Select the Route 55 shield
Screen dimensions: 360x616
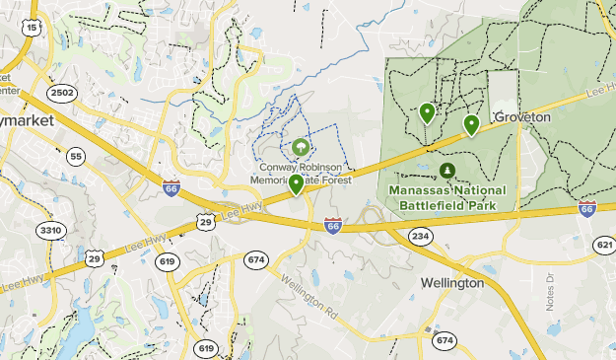(76, 156)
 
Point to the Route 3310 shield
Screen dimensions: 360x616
(50, 230)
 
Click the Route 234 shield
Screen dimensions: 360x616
(421, 236)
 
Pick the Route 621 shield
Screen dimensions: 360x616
(604, 244)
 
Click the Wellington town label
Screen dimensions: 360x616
(452, 283)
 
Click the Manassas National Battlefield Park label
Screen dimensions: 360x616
(447, 197)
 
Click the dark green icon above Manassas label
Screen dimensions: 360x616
(446, 170)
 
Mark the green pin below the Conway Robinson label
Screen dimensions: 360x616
(296, 182)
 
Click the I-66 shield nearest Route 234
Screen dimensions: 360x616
(333, 226)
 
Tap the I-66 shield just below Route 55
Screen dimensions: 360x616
(171, 187)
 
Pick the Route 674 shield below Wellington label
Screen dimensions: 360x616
(445, 340)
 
